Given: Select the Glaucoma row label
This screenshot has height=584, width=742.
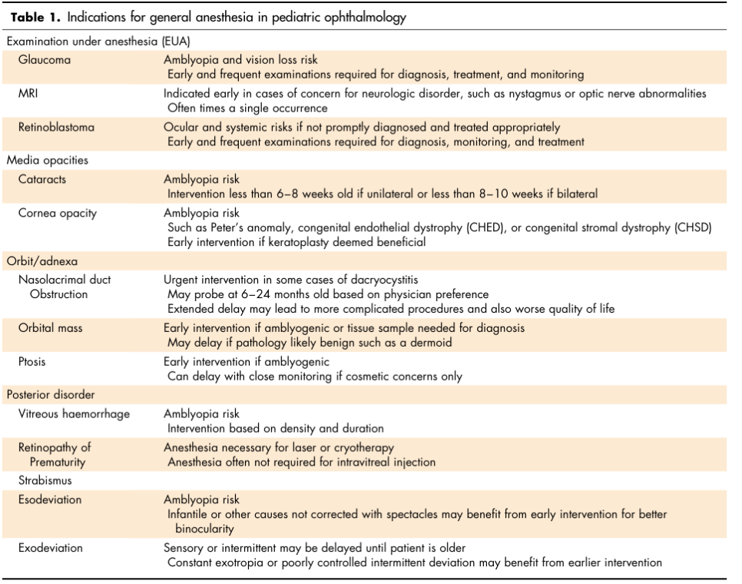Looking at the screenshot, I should (x=45, y=60).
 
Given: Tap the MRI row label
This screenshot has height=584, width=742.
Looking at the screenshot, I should (x=30, y=94).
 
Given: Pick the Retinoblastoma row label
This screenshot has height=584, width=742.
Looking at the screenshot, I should (x=57, y=128).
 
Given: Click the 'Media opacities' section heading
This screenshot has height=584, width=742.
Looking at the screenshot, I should (x=48, y=161).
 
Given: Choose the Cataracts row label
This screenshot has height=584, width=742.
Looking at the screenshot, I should (x=42, y=179).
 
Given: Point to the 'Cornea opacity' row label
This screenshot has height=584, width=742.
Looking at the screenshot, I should (x=58, y=213).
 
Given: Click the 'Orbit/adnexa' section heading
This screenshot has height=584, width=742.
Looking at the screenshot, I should (x=42, y=261).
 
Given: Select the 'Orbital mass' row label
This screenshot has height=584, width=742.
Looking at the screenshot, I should (x=51, y=328).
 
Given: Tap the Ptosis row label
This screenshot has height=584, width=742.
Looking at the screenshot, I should (x=34, y=362).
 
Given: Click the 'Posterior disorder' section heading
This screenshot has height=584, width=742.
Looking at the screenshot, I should (x=51, y=395).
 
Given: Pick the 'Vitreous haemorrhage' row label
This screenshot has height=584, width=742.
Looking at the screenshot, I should (x=75, y=414).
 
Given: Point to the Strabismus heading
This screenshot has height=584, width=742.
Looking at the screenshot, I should (x=46, y=481).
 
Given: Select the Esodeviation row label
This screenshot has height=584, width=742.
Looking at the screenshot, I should (x=50, y=499).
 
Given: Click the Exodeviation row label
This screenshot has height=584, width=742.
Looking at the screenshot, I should (x=51, y=549).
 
